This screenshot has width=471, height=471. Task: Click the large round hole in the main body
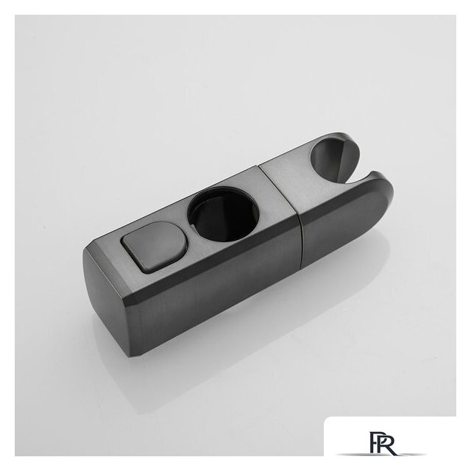[223, 214]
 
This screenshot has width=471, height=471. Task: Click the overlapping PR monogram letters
[381, 443]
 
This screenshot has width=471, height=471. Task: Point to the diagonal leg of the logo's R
[390, 450]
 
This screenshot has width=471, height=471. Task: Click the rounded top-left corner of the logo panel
[327, 420]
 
